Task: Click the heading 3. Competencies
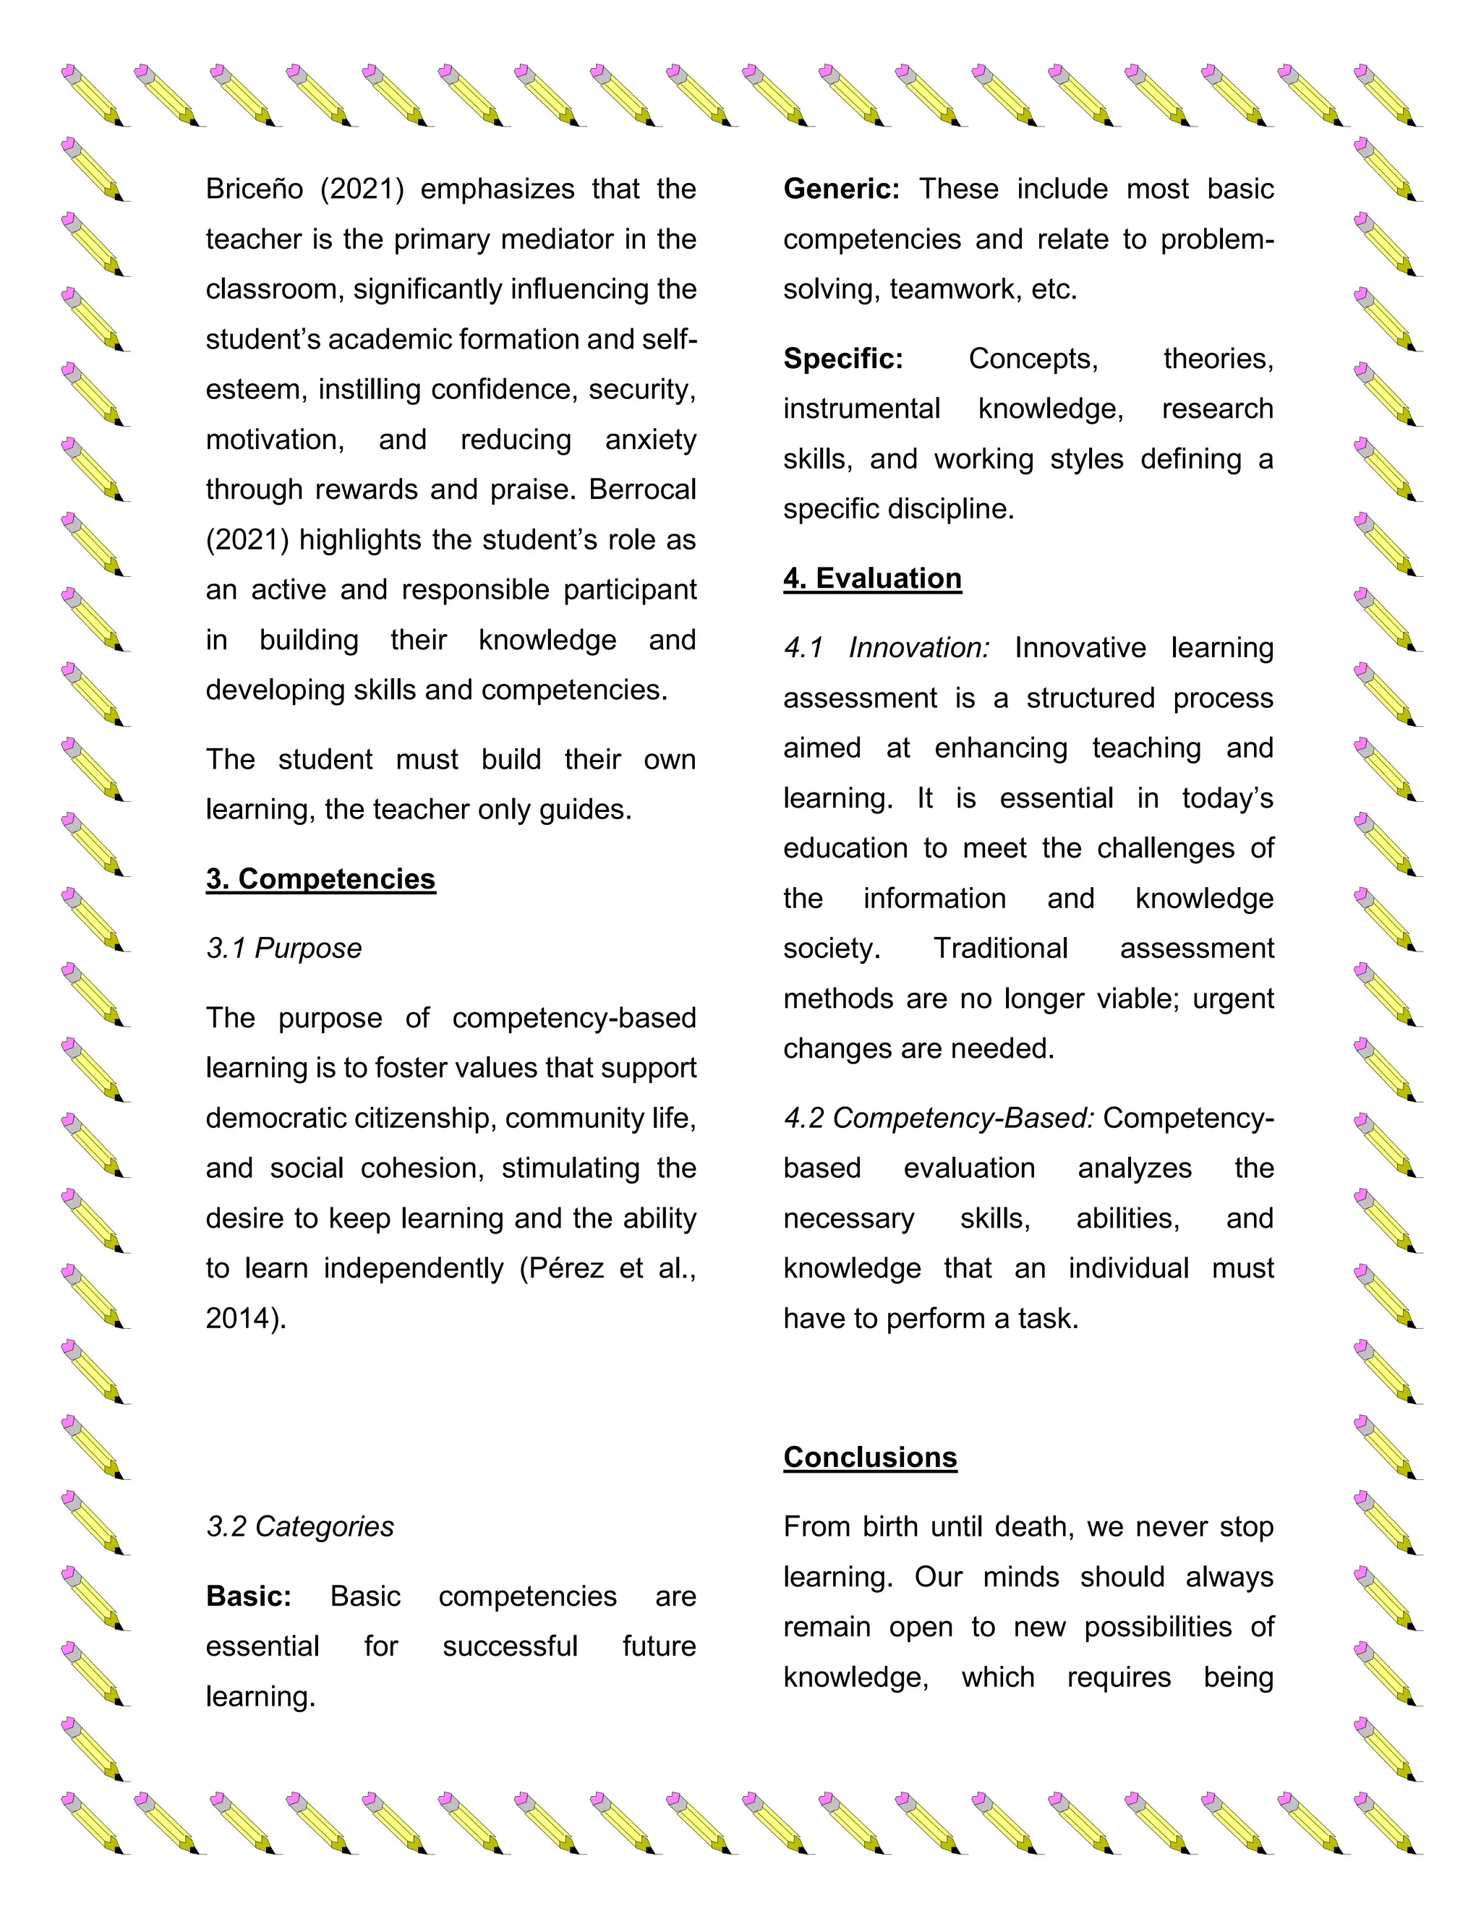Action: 320,878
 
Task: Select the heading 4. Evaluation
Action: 872,578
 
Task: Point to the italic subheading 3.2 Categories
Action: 299,1526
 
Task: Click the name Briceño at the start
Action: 255,189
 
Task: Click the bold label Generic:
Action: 840,189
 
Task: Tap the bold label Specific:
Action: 842,358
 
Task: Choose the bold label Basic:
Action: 248,1596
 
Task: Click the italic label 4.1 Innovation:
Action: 886,647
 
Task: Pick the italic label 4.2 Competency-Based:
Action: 938,1118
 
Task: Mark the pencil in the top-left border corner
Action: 95,95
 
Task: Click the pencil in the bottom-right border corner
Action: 1387,1823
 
